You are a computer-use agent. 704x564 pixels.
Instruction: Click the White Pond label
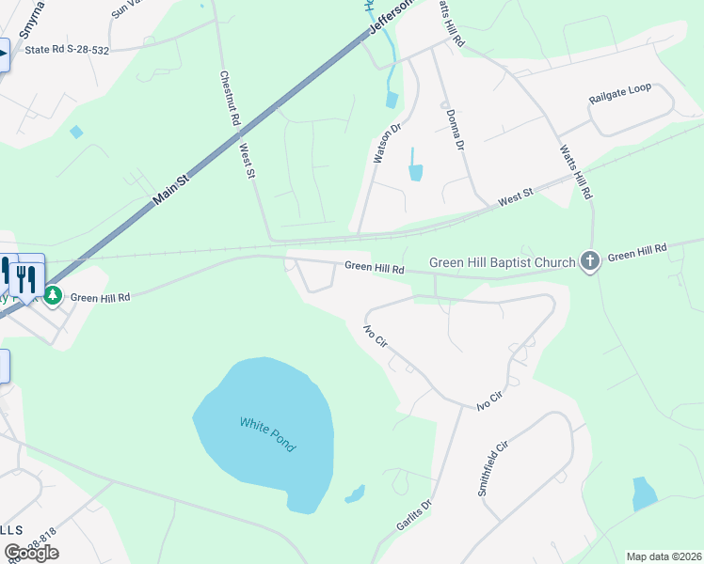[267, 434]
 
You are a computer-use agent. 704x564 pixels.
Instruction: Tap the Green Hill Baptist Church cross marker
[590, 260]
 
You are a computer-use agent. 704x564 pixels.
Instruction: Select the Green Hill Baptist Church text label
[502, 262]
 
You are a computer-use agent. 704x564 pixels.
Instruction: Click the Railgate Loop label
[620, 88]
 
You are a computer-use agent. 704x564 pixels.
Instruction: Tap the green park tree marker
[55, 296]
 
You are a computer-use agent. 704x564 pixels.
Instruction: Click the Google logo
[31, 553]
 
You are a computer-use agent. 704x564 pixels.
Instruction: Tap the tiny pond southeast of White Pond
[356, 493]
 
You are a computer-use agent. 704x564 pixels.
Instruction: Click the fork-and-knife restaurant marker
[25, 277]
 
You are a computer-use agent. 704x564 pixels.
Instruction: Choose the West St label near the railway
[515, 196]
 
